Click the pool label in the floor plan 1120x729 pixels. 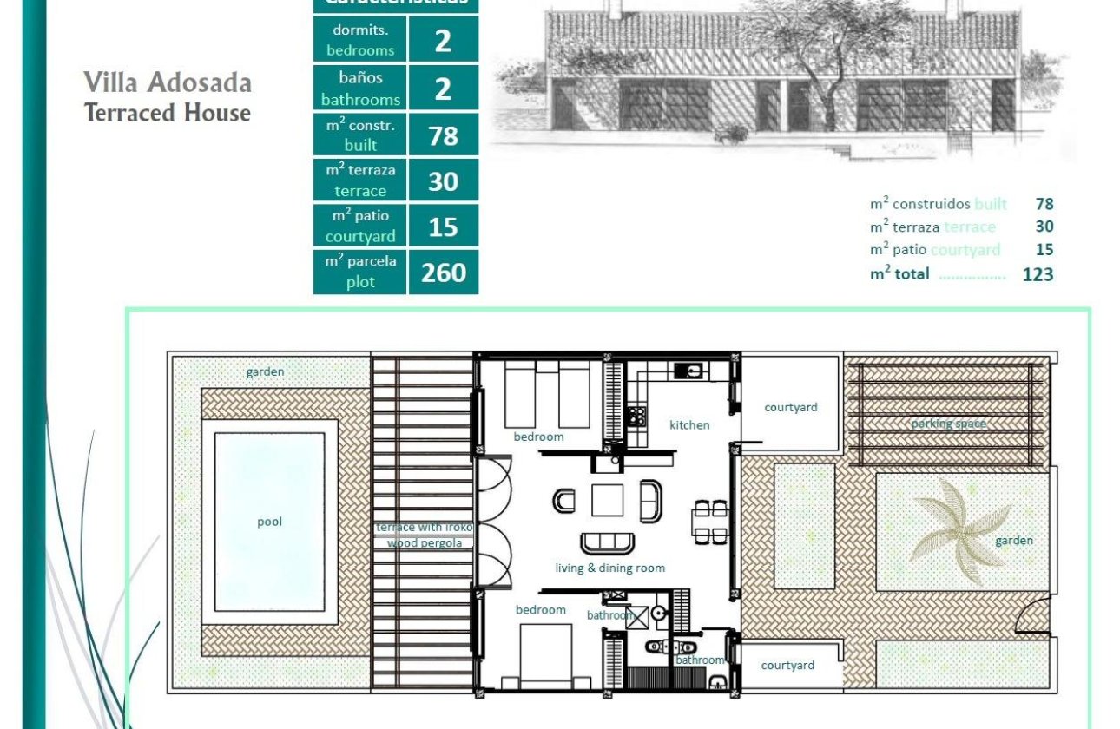click(270, 522)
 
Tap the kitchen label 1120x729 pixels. click(689, 424)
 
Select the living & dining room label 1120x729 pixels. click(610, 568)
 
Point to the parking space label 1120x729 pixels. click(948, 424)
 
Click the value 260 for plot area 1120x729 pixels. click(444, 273)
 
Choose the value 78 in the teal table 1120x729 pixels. click(444, 136)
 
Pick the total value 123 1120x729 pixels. click(1038, 274)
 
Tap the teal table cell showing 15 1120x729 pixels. click(444, 227)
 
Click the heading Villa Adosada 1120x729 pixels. click(168, 82)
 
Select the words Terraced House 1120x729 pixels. click(168, 113)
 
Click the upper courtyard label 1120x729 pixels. click(790, 407)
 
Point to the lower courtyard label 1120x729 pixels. click(787, 665)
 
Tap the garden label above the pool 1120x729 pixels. click(265, 371)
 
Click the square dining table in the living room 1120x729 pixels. click(607, 500)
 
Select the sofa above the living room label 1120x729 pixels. click(607, 542)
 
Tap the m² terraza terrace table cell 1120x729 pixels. click(360, 181)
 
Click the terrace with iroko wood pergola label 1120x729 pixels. click(425, 535)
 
